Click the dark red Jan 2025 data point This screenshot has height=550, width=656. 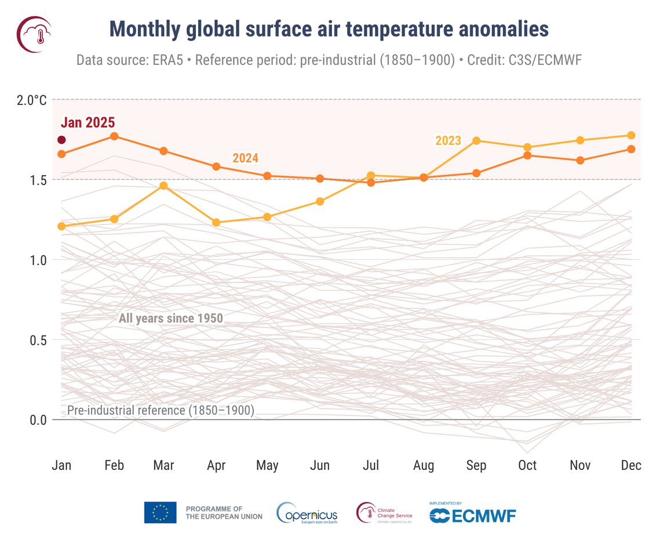[x=61, y=140]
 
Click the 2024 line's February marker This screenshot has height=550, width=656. [x=114, y=136]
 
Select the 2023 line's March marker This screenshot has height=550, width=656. [x=163, y=186]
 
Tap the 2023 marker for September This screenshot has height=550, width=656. [x=476, y=140]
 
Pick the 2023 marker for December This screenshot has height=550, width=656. [x=631, y=135]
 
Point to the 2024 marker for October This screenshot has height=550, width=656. [x=527, y=155]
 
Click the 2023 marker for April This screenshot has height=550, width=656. [x=216, y=222]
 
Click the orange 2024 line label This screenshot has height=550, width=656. [x=245, y=158]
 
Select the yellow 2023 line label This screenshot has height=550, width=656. [x=448, y=140]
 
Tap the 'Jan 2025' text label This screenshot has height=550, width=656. [x=88, y=122]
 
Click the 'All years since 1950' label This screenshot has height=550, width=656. [x=170, y=318]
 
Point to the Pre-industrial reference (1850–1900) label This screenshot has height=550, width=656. [x=161, y=410]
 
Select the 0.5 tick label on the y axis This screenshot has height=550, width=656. [x=37, y=339]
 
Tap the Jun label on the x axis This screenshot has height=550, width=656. [x=320, y=465]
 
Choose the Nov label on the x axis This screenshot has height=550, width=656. [x=580, y=465]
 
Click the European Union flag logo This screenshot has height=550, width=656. [x=160, y=512]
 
